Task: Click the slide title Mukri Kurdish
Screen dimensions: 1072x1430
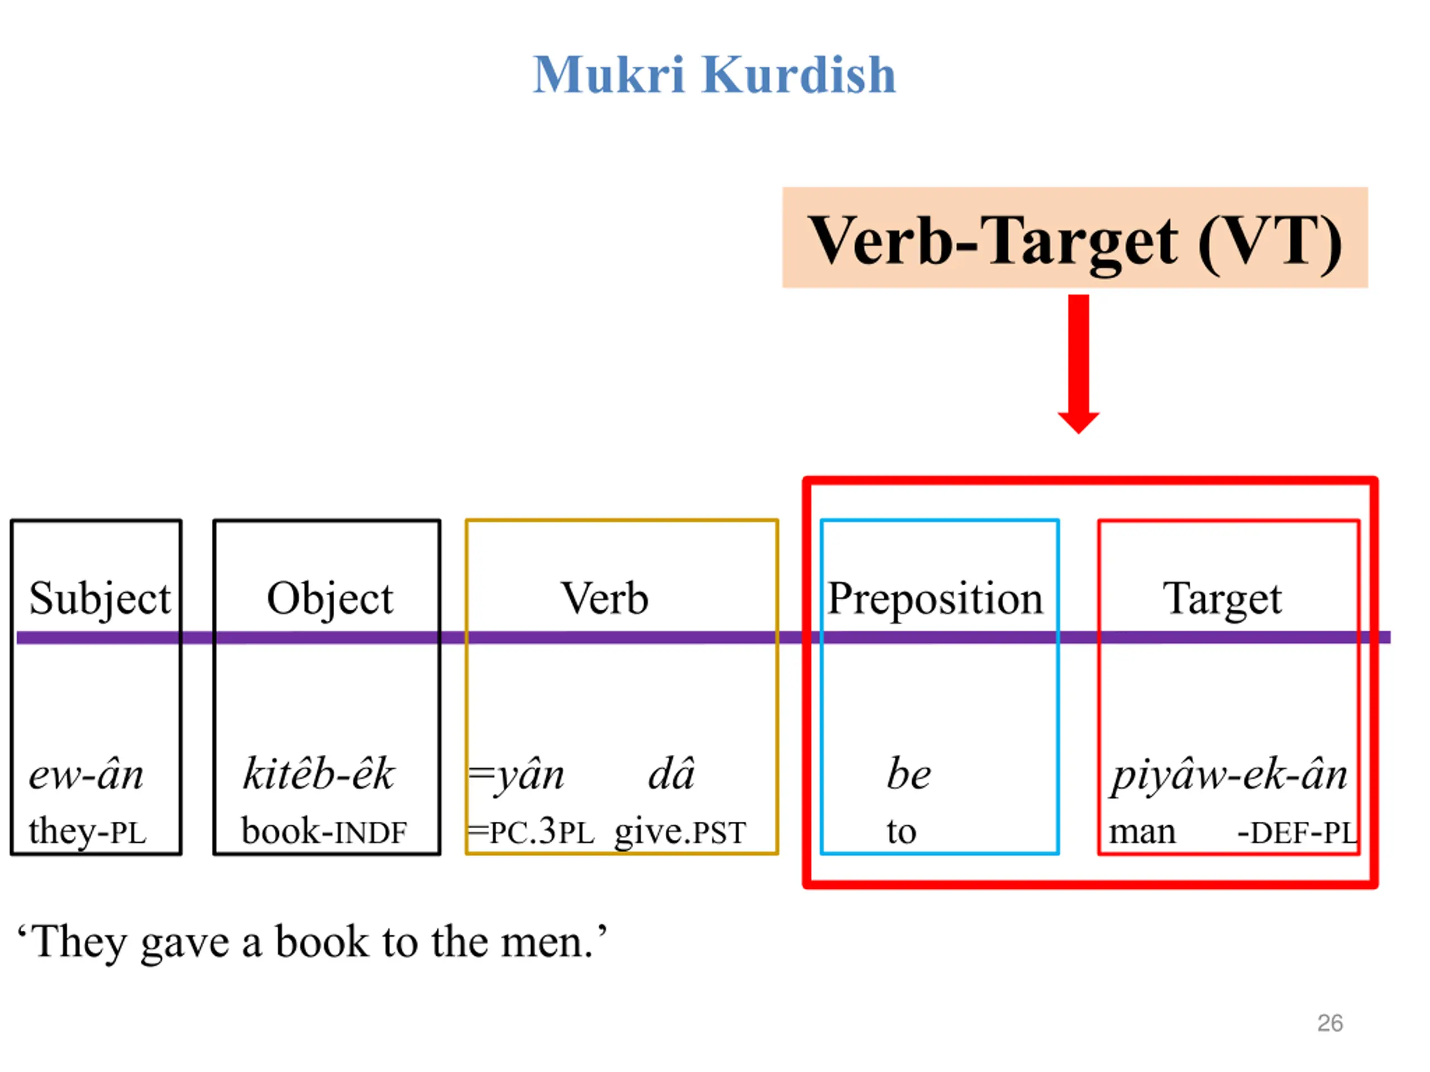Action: [x=714, y=75]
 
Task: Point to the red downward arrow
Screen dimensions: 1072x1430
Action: [x=1078, y=362]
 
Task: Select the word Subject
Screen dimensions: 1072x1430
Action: [x=99, y=599]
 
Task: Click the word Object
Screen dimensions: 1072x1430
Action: [x=330, y=599]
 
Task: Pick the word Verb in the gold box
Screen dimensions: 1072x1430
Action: [x=604, y=599]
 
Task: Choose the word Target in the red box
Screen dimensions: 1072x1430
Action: [x=1222, y=599]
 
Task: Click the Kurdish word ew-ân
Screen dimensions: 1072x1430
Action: [x=86, y=774]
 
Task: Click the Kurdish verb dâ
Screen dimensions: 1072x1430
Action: [x=671, y=774]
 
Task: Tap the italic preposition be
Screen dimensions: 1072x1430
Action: [x=908, y=774]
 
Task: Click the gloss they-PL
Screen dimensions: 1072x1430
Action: [x=87, y=831]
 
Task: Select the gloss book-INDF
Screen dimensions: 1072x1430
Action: [x=324, y=831]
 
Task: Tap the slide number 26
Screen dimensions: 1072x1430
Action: [x=1330, y=1023]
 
